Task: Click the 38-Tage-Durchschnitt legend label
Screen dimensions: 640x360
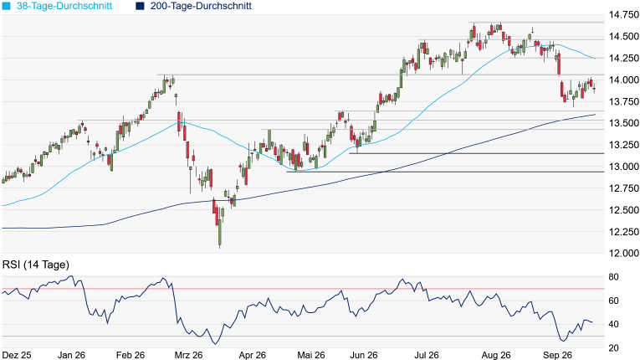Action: click(x=64, y=6)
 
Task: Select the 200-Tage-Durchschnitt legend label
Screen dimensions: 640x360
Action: click(x=201, y=6)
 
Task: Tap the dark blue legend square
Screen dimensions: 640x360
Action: click(x=140, y=6)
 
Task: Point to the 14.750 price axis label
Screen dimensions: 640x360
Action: click(x=623, y=15)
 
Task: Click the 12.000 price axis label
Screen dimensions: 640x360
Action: click(x=623, y=254)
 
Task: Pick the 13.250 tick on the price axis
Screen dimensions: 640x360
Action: click(x=623, y=145)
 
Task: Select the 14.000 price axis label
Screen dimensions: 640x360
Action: click(x=623, y=80)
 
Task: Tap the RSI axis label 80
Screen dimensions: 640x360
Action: click(x=613, y=277)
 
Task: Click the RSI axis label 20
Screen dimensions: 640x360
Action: click(x=613, y=348)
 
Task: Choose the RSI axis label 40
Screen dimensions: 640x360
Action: click(x=613, y=325)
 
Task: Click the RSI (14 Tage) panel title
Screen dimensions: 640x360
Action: click(x=36, y=265)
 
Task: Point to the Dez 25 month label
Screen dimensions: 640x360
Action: click(x=17, y=355)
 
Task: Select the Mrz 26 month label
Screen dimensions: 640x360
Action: click(x=188, y=355)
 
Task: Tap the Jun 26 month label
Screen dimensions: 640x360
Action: click(x=364, y=355)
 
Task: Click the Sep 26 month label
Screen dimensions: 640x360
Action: click(x=557, y=355)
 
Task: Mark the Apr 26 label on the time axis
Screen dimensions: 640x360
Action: click(x=253, y=355)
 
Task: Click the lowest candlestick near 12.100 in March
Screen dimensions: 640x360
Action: click(x=220, y=233)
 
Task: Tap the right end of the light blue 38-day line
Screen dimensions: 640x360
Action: click(x=596, y=59)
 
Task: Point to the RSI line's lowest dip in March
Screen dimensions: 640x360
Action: click(x=216, y=344)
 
